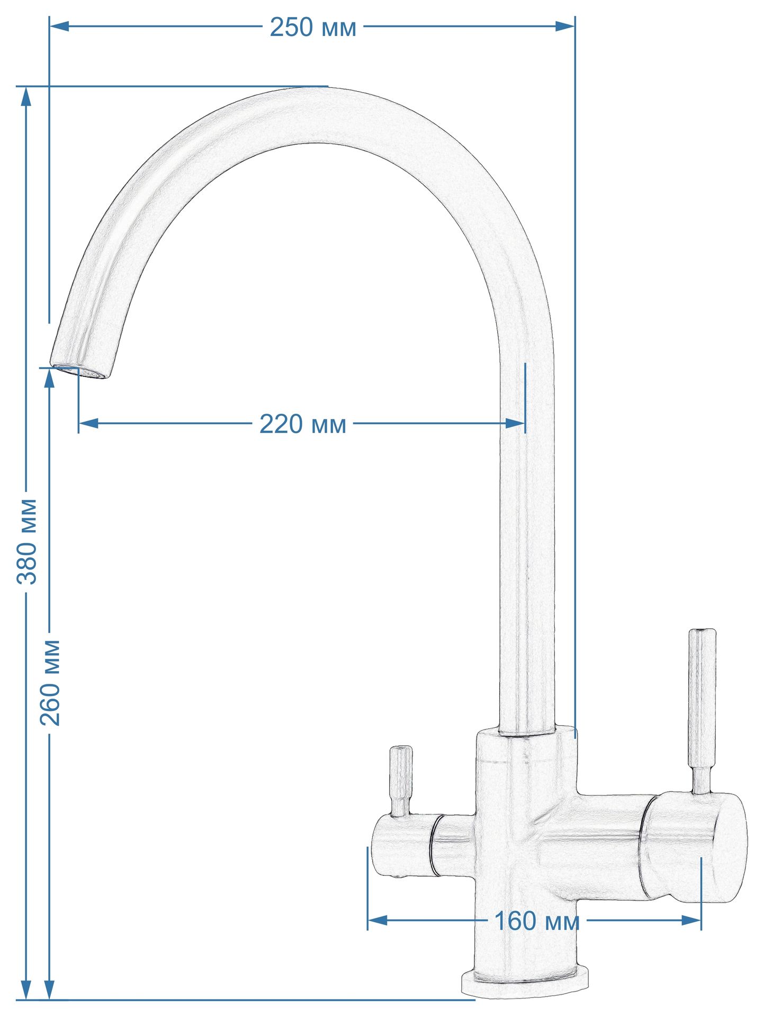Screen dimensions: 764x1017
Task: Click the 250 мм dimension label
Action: click(313, 28)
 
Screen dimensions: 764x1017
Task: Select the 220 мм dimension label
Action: click(303, 424)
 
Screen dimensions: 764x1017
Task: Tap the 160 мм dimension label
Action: click(536, 921)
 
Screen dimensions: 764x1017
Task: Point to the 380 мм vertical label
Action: click(26, 541)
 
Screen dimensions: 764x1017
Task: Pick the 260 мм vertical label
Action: click(50, 682)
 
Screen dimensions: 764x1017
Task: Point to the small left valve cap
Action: click(402, 845)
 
